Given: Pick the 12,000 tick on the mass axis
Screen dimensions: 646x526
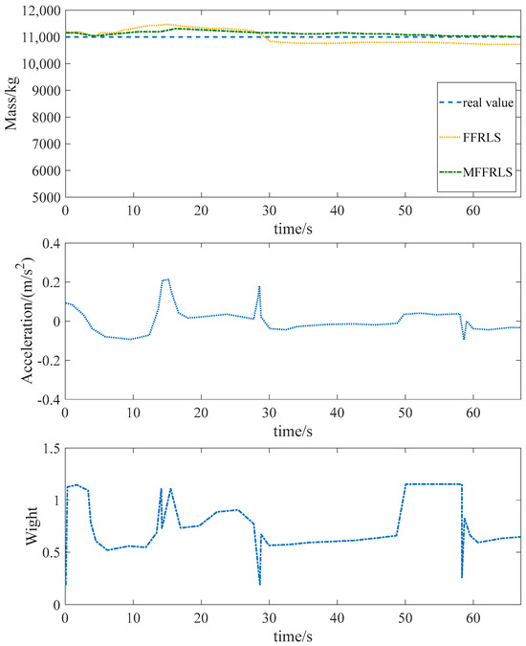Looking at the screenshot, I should pos(39,10).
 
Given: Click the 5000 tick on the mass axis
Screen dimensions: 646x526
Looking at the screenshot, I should pos(45,197).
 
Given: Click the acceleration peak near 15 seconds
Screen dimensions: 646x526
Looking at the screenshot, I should pos(167,278).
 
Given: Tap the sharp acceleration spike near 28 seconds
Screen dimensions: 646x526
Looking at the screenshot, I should pos(259,286).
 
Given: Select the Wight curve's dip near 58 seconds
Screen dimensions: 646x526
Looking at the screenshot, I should pos(462,577).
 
